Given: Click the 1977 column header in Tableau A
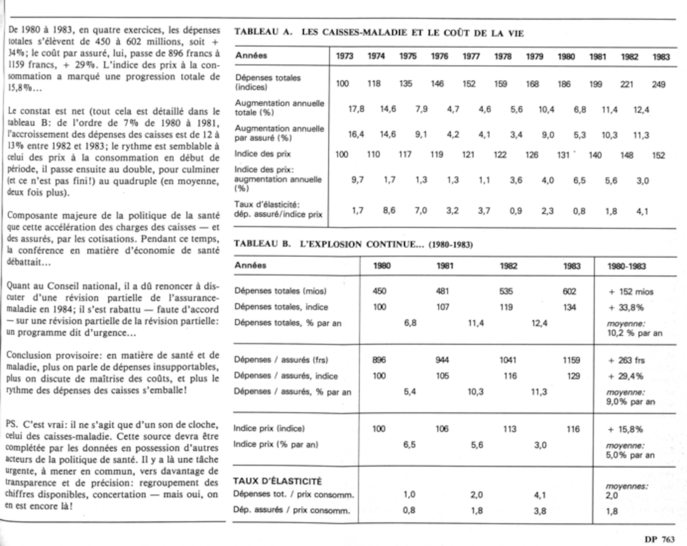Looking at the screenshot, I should coord(471,56).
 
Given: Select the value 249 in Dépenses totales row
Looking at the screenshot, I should coord(658,84).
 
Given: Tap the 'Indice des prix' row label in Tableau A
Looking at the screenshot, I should coord(262,154).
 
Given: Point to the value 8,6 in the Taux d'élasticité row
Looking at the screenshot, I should coord(389,210).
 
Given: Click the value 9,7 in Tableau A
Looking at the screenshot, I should coord(357,180).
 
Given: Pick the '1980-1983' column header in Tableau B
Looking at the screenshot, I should coord(627,266).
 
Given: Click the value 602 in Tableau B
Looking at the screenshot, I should coord(569,291).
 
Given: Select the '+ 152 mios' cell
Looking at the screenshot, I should coord(631,292).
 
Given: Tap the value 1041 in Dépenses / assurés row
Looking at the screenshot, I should coord(508,360).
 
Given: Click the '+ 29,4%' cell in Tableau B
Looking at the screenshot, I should coord(626,376).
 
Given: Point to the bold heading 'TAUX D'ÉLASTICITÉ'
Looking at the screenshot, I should coord(277,481).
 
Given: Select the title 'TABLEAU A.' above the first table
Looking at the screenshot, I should coord(263,32).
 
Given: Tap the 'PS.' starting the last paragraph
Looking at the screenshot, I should coord(12,425).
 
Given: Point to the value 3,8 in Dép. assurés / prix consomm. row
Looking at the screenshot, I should coord(540,511).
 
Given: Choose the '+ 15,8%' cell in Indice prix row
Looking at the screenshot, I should coord(626,429).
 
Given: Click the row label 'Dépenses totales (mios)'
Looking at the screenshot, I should coord(280,291).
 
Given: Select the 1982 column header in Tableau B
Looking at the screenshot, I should coord(508,266).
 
